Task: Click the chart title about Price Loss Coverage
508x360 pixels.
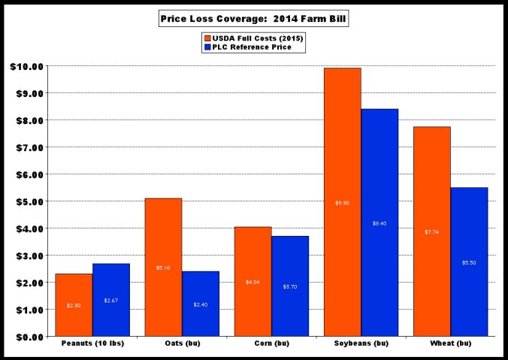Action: point(253,17)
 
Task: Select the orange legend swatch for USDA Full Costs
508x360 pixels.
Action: point(206,37)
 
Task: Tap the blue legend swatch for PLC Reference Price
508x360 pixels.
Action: point(206,47)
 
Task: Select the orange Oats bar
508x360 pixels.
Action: point(163,267)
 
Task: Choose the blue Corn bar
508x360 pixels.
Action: point(290,286)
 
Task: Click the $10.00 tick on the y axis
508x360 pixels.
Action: point(26,66)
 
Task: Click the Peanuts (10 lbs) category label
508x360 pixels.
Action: point(92,345)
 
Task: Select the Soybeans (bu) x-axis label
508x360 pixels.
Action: point(361,345)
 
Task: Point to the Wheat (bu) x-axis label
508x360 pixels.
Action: point(450,345)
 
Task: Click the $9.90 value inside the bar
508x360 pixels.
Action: point(342,202)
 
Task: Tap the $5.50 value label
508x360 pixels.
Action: point(469,262)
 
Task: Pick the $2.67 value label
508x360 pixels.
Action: point(111,301)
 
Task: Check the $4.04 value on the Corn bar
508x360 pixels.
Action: point(252,282)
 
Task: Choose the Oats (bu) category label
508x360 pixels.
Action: point(181,345)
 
